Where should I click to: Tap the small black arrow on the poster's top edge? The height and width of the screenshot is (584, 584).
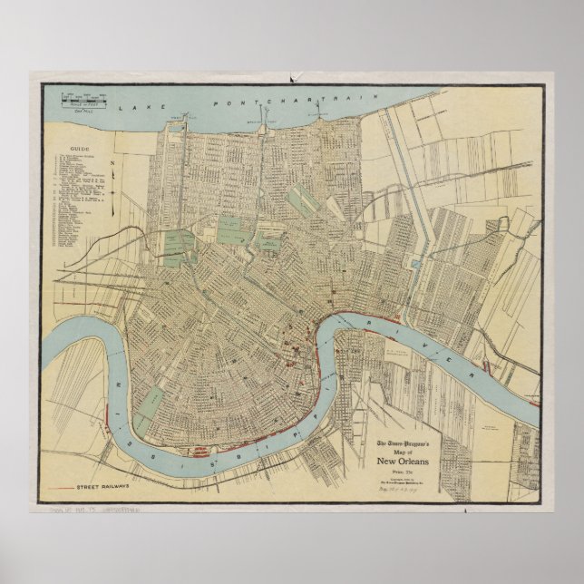tap(292, 80)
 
